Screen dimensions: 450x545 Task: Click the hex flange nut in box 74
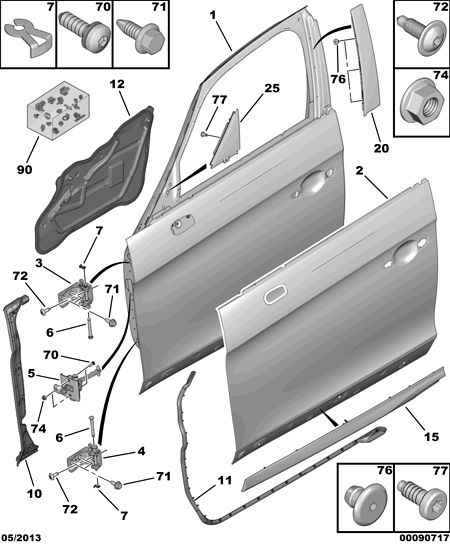point(420,102)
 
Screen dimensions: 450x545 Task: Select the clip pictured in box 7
point(29,37)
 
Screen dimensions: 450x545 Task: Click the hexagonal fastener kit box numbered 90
point(58,111)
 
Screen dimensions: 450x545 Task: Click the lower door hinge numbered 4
point(85,458)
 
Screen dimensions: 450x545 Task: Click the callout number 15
point(431,436)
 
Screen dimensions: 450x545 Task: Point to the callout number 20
point(381,148)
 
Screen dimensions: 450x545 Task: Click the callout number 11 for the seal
point(225,480)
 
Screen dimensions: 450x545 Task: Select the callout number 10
point(34,494)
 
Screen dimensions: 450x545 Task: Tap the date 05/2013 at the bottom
point(21,538)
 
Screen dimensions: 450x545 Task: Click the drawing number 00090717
point(424,539)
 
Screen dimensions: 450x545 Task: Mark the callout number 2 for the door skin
point(359,171)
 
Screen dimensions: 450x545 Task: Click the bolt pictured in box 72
point(420,35)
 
